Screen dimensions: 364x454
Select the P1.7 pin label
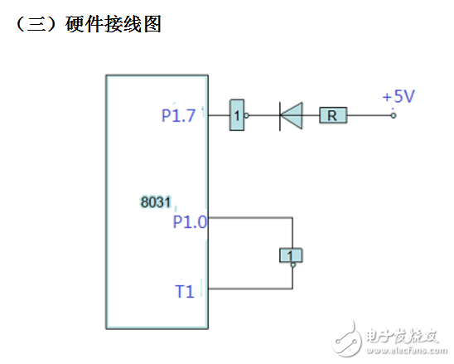pyautogui.click(x=178, y=116)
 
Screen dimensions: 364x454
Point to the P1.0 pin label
pyautogui.click(x=190, y=221)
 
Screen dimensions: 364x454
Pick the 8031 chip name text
pyautogui.click(x=156, y=201)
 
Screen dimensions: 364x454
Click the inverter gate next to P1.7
pyautogui.click(x=238, y=117)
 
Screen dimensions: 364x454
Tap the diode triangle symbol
pyautogui.click(x=291, y=116)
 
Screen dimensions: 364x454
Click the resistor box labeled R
pyautogui.click(x=333, y=116)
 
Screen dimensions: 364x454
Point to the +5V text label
pyautogui.click(x=398, y=97)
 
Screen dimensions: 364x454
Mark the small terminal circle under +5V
pyautogui.click(x=393, y=116)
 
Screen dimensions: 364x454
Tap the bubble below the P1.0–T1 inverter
pyautogui.click(x=292, y=266)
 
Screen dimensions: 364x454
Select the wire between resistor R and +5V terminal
pyautogui.click(x=369, y=116)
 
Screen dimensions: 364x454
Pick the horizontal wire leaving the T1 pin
pyautogui.click(x=249, y=289)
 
